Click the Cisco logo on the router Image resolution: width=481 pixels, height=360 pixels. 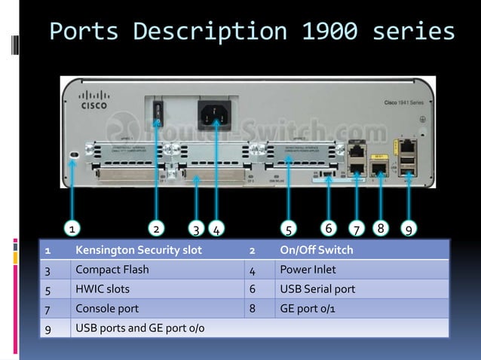(95, 99)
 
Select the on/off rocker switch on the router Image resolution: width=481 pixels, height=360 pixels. (157, 113)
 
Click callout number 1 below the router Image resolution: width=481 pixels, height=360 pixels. (71, 228)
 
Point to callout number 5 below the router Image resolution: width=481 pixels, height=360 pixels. (290, 228)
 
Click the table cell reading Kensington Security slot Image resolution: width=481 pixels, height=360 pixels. (139, 250)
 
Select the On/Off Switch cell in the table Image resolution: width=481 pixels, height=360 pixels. (316, 250)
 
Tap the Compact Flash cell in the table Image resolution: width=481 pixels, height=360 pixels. (112, 270)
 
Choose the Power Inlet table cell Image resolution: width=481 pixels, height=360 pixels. (308, 270)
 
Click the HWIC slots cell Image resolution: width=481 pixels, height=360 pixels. (103, 289)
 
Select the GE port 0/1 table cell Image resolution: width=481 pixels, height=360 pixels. (308, 309)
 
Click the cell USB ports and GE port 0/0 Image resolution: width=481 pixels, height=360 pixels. (140, 328)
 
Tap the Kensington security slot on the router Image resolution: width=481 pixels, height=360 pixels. (73, 154)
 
